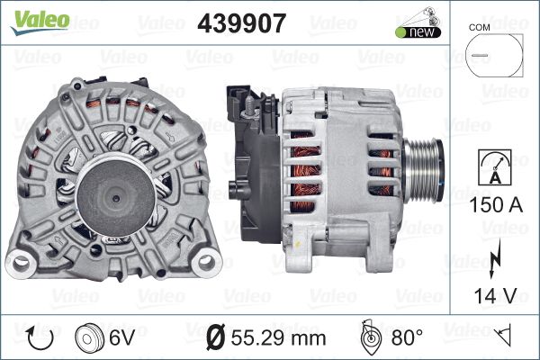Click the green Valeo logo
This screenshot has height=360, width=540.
click(x=40, y=22)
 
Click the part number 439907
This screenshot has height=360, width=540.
click(x=242, y=23)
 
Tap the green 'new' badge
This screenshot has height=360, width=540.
click(x=418, y=32)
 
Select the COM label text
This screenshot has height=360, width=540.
click(x=479, y=28)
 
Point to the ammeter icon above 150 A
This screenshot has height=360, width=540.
click(x=495, y=167)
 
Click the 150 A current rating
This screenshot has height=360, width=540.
click(x=496, y=204)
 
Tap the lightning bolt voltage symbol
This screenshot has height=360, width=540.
click(x=495, y=258)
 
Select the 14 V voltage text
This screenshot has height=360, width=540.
click(x=495, y=295)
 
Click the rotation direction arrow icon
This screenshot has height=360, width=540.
click(x=40, y=338)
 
